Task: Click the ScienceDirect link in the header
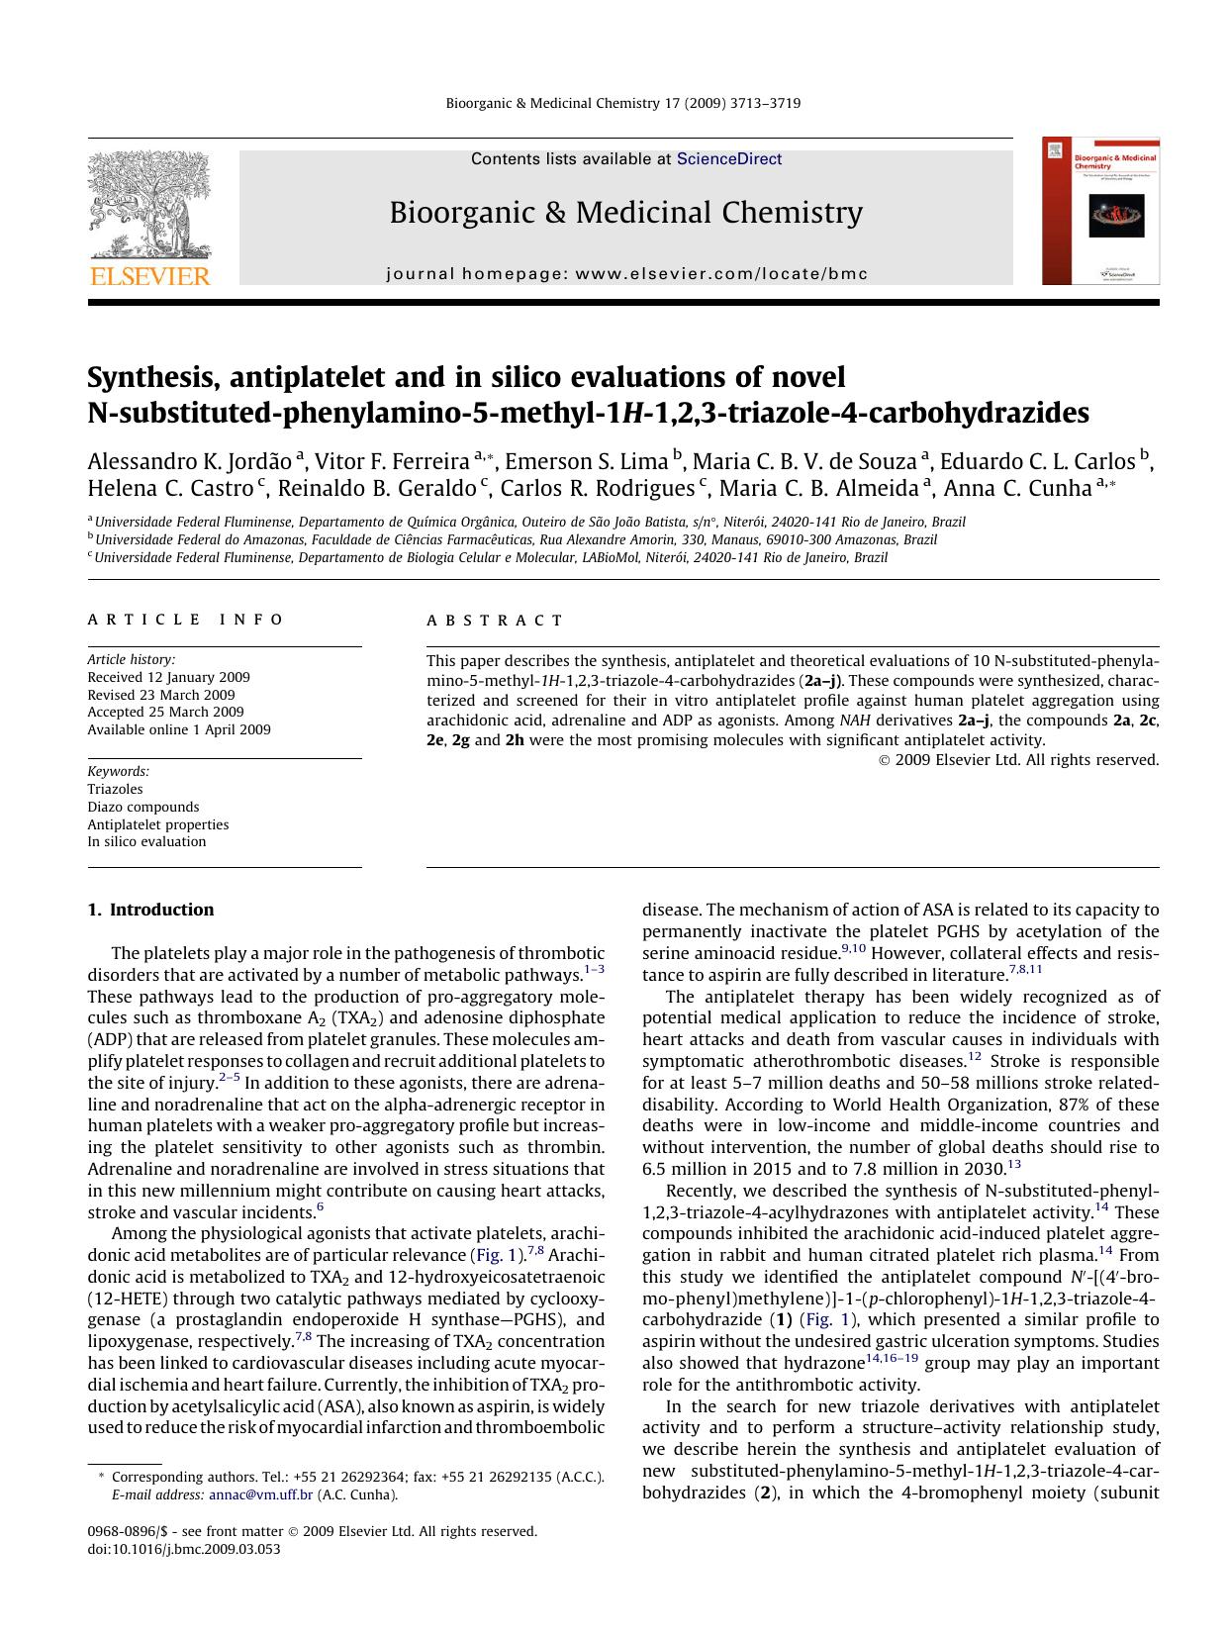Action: (728, 159)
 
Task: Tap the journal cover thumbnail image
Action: (1100, 212)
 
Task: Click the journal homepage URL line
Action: (626, 274)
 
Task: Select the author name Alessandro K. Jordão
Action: (189, 462)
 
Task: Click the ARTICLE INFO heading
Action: (185, 621)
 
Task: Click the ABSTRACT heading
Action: (495, 621)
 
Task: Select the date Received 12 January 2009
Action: (168, 677)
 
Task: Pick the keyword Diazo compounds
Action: (142, 807)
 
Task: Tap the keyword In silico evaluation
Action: (146, 841)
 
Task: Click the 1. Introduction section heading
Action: (150, 910)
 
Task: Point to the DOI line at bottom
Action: (183, 1549)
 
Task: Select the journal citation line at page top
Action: (623, 103)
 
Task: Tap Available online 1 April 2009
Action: (178, 729)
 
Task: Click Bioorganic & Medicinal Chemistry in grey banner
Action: (625, 213)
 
